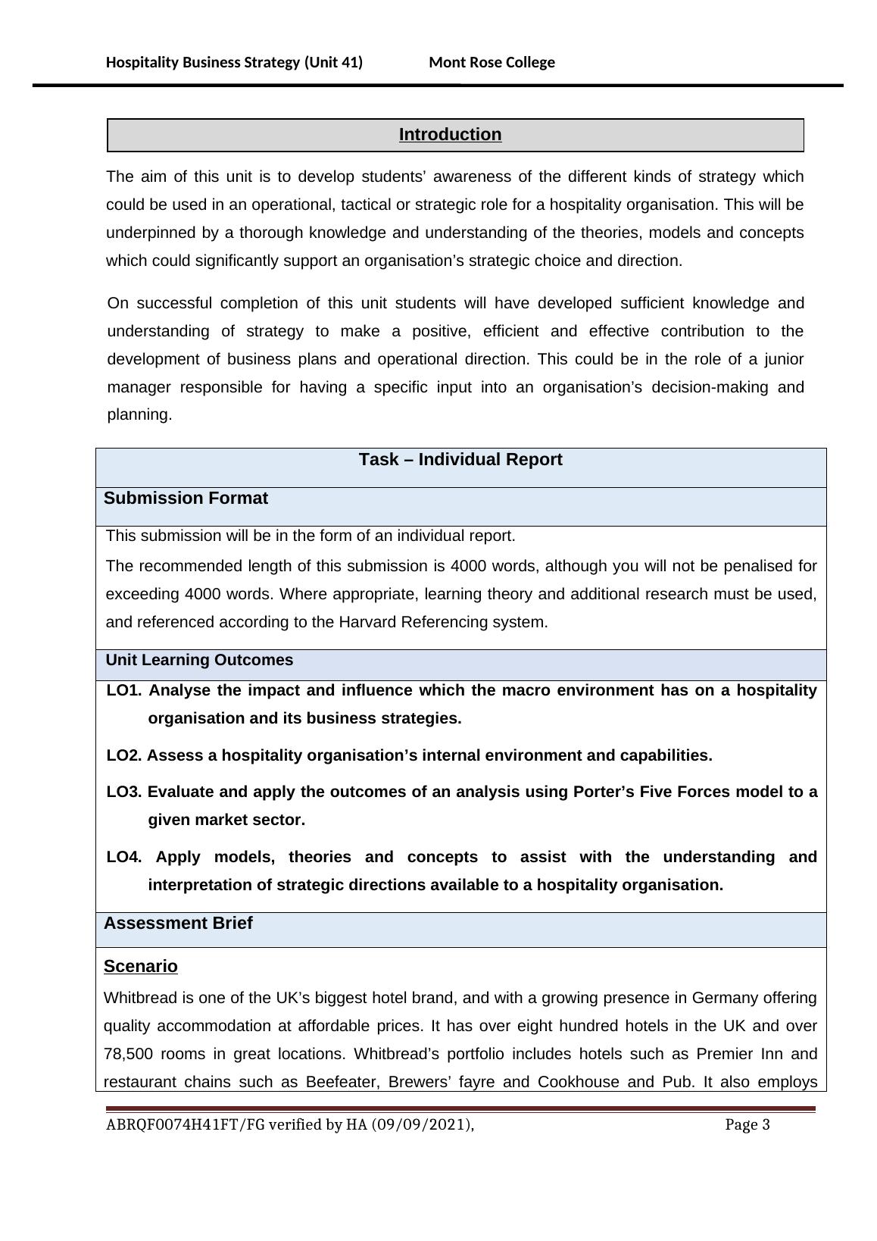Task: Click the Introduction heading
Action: pyautogui.click(x=450, y=135)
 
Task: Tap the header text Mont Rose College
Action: pyautogui.click(x=492, y=62)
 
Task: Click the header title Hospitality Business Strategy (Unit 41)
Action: pyautogui.click(x=234, y=62)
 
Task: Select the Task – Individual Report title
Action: pyautogui.click(x=460, y=460)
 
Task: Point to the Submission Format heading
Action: pyautogui.click(x=186, y=499)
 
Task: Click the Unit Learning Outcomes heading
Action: pyautogui.click(x=199, y=660)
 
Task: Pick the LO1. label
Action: pyautogui.click(x=124, y=690)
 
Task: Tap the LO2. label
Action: pyautogui.click(x=123, y=755)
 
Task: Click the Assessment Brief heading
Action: pyautogui.click(x=178, y=923)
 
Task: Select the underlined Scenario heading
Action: pyautogui.click(x=141, y=967)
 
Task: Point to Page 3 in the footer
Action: pyautogui.click(x=747, y=1125)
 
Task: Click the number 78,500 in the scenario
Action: pyautogui.click(x=129, y=1054)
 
